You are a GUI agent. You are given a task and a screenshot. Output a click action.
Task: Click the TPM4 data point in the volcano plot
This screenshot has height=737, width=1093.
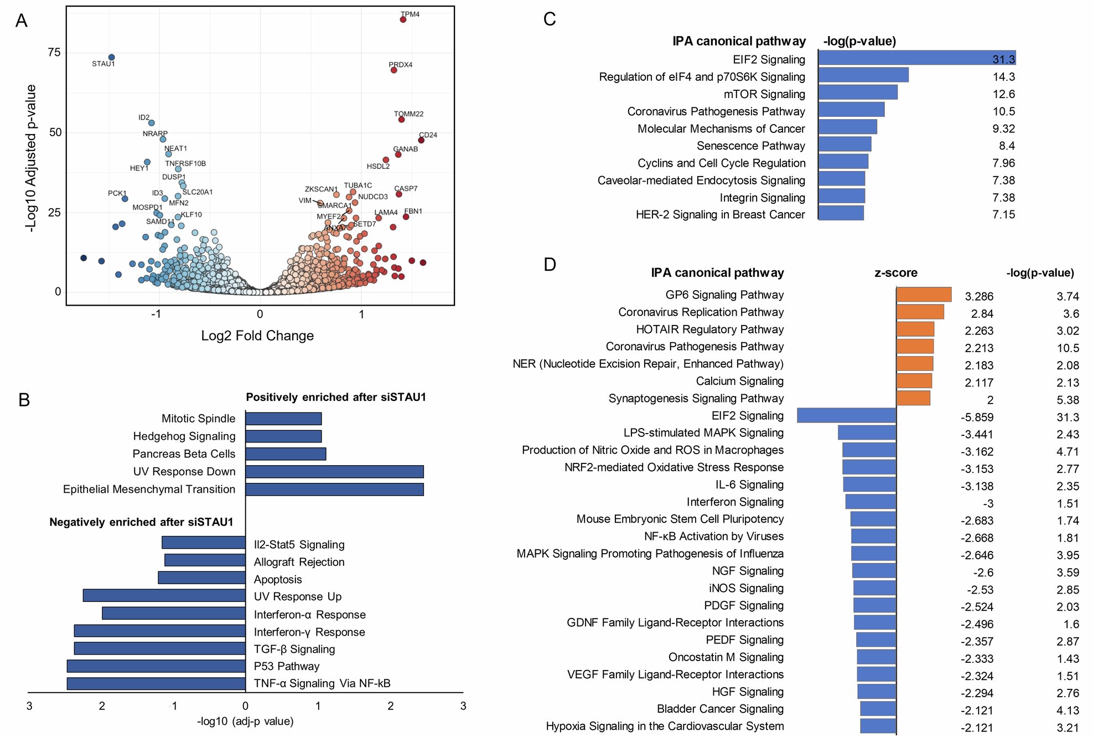(403, 20)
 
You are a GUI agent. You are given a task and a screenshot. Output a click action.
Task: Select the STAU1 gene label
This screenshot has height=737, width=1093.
(103, 64)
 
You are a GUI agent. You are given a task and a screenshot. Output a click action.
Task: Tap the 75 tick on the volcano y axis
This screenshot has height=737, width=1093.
(54, 53)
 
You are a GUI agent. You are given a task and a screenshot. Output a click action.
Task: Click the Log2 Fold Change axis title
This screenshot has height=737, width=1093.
(257, 336)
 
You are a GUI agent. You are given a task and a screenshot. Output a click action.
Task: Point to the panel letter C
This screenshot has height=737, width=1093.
(550, 20)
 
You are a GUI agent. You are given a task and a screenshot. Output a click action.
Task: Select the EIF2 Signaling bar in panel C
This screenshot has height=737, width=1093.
(916, 58)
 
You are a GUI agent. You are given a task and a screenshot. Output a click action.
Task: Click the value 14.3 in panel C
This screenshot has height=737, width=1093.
(1003, 77)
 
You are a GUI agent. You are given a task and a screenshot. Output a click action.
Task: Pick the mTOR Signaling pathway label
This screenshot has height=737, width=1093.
(764, 94)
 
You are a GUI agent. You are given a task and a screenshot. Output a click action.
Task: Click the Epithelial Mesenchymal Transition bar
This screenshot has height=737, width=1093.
(334, 489)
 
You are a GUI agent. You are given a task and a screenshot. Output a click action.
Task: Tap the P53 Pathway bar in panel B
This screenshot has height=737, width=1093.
(156, 666)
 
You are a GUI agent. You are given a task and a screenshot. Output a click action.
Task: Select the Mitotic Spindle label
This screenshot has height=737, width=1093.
(198, 419)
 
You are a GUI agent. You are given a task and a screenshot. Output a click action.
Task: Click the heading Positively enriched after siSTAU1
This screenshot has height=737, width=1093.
(336, 398)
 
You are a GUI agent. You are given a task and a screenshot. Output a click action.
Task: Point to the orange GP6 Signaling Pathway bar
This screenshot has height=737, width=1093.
(924, 295)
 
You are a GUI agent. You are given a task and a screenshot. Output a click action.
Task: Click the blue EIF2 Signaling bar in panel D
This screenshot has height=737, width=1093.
(846, 416)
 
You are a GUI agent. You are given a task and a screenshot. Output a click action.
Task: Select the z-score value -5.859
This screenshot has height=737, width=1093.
(977, 418)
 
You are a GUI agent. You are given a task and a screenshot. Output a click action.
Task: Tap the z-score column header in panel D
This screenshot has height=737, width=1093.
(895, 273)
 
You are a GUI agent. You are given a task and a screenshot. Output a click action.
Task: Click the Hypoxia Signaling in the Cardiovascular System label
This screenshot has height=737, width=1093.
(665, 726)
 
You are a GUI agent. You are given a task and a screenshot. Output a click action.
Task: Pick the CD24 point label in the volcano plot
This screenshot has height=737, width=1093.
(428, 135)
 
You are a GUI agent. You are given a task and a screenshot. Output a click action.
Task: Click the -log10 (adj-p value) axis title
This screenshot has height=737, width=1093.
(245, 721)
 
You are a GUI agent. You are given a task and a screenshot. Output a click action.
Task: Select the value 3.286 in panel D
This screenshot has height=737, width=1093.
(979, 297)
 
